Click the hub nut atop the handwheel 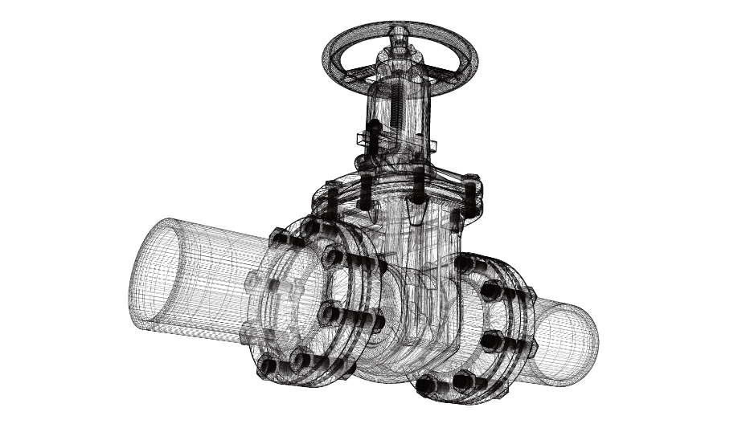[400, 35]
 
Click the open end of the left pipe [153, 273]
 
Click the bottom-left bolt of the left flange [268, 366]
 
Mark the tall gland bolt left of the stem [373, 137]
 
